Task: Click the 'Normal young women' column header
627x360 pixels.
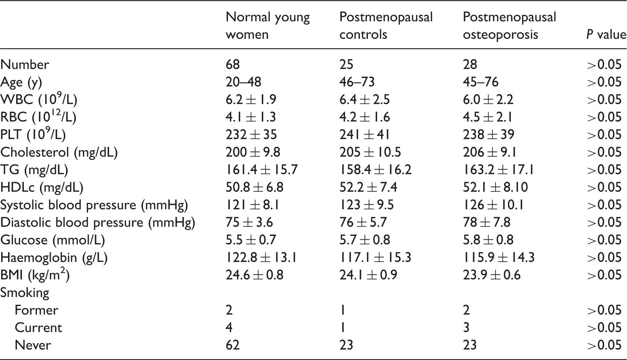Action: pos(268,26)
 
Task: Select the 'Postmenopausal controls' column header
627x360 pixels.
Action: pos(386,26)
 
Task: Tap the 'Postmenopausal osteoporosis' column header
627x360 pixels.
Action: pos(509,26)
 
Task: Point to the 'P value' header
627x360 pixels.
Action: pos(606,35)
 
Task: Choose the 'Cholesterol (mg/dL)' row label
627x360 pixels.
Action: pos(59,153)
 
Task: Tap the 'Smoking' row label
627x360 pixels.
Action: pos(25,293)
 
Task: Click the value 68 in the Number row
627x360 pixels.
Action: pos(233,65)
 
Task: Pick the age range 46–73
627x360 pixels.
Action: pos(357,82)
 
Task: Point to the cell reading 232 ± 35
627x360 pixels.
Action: pos(251,135)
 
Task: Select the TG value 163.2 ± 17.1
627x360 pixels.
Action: pos(498,170)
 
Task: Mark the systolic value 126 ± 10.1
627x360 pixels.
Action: pos(493,205)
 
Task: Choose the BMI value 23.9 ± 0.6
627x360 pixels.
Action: pos(492,275)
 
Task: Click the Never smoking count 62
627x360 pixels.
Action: pos(233,345)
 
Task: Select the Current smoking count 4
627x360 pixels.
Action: pos(229,328)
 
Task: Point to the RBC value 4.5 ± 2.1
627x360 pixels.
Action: pos(487,117)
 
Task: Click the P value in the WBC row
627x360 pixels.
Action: pos(604,100)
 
